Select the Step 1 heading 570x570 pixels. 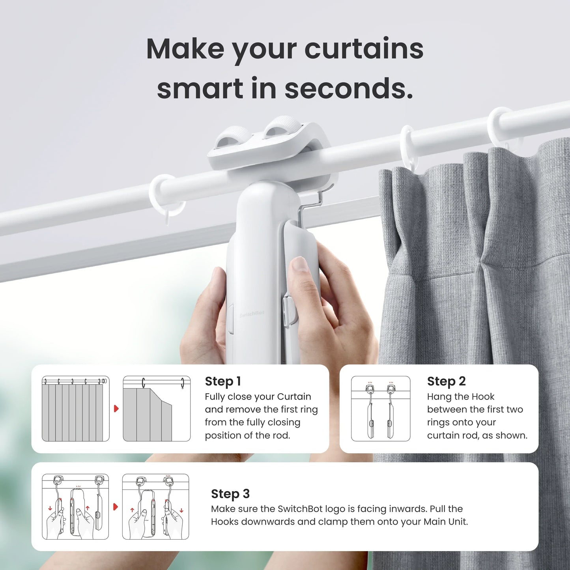tap(222, 381)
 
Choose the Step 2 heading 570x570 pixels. tap(446, 381)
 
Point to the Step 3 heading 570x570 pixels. tap(230, 493)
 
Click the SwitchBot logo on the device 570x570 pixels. tap(252, 315)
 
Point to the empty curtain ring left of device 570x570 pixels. tap(168, 195)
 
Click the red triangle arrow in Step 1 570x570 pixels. tap(116, 408)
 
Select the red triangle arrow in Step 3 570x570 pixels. tap(116, 506)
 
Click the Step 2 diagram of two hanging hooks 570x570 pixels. tap(381, 408)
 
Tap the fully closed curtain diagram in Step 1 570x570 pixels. tap(75, 408)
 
